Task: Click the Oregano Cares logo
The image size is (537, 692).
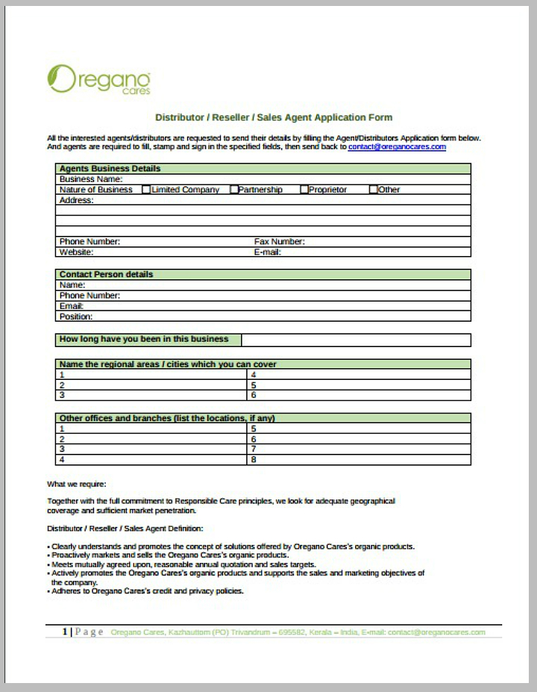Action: [x=98, y=79]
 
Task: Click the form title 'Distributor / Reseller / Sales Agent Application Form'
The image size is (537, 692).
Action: [x=273, y=117]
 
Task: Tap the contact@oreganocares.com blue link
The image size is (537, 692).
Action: [x=397, y=147]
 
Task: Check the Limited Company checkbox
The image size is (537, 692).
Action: [x=146, y=190]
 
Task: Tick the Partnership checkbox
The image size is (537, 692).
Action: [x=234, y=190]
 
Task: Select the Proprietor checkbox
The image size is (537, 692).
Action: [x=304, y=190]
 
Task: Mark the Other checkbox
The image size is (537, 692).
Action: [x=374, y=190]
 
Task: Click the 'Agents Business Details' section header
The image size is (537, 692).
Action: [x=110, y=169]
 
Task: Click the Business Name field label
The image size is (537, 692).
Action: [x=91, y=179]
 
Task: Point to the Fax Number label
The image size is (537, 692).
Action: [x=279, y=242]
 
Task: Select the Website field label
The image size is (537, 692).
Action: [x=76, y=252]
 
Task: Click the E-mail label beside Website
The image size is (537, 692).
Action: [x=267, y=252]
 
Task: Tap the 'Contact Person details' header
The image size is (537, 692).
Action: [x=106, y=275]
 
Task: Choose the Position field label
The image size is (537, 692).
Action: [x=76, y=317]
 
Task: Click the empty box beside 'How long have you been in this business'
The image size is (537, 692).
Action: [x=356, y=340]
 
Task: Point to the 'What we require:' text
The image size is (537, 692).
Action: [x=77, y=484]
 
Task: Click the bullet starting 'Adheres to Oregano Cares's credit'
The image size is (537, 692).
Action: [x=148, y=591]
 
